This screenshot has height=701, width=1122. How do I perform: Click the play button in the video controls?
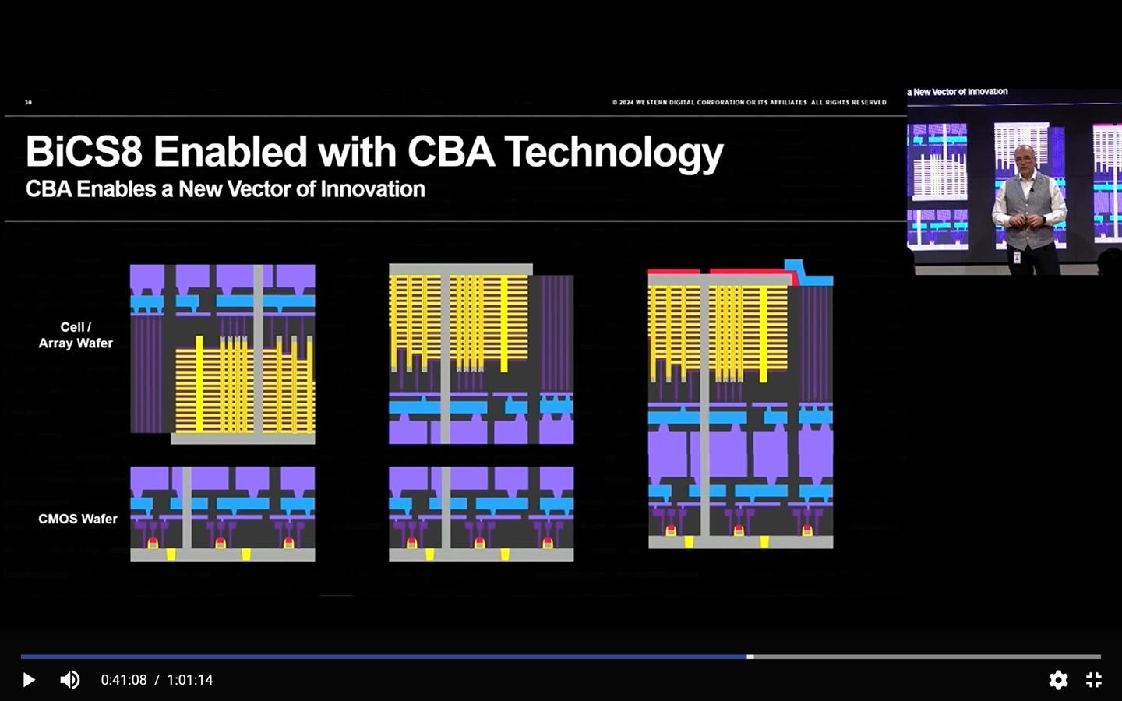tap(29, 680)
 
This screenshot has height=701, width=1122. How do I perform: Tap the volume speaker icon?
tap(69, 680)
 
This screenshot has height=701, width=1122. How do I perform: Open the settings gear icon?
tap(1058, 680)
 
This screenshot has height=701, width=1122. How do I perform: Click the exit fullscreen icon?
tap(1094, 680)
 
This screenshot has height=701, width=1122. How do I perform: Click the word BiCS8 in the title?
tap(84, 152)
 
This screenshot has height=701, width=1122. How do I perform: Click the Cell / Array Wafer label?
tap(76, 335)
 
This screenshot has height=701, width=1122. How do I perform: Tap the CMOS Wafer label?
tap(78, 519)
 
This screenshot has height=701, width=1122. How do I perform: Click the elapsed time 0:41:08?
tap(124, 680)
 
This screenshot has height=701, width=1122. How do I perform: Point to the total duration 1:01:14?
tap(190, 680)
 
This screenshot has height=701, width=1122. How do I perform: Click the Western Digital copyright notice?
tap(749, 102)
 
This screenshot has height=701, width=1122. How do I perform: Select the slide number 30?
tap(28, 102)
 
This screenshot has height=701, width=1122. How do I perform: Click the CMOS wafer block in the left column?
tap(223, 513)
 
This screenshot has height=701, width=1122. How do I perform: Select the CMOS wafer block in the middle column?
tap(482, 513)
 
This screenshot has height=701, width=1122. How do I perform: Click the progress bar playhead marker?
tap(750, 657)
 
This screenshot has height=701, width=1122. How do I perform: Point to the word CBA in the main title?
tap(450, 152)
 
